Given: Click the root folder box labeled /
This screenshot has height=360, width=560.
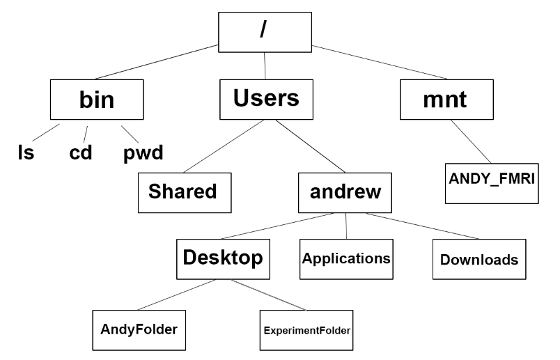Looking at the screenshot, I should tap(265, 33).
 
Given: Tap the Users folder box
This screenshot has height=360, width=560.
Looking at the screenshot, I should tap(265, 98).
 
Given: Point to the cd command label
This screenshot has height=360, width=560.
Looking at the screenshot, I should tap(80, 152).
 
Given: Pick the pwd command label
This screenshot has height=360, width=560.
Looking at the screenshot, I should tap(143, 152).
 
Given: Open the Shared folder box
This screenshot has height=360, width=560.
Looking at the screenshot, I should tap(183, 191).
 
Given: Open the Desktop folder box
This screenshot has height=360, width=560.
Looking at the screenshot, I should tap(223, 258).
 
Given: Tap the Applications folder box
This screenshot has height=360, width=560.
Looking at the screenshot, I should tap(346, 258).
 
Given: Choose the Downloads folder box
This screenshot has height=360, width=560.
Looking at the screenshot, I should tap(479, 260).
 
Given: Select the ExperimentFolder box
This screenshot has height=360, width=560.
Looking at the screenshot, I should tap(306, 329).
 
